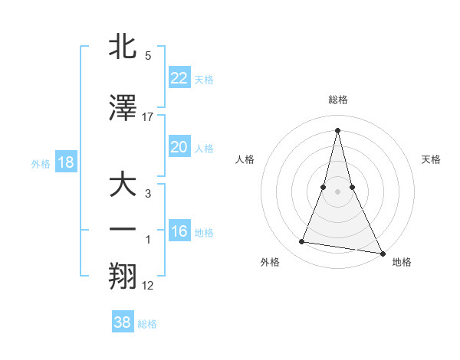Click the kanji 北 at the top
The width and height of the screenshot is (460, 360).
[x=123, y=47]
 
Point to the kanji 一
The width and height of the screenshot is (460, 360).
[x=123, y=231]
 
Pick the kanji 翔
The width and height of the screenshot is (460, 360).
[x=123, y=276]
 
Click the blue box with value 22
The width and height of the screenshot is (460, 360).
[x=179, y=78]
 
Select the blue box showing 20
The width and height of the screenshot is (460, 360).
[x=179, y=147]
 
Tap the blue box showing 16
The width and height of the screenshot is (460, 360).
[x=179, y=231]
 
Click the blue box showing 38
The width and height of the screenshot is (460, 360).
[x=122, y=322]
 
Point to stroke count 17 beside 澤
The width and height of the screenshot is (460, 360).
[x=148, y=116]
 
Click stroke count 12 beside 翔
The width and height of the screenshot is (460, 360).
[x=148, y=286]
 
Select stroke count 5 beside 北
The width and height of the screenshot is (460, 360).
[x=148, y=56]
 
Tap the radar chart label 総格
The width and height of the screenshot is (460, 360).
[x=337, y=100]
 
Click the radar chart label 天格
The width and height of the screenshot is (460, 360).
[x=432, y=159]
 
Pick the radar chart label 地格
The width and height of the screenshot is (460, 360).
[x=402, y=262]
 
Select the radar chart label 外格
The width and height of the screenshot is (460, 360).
[x=270, y=262]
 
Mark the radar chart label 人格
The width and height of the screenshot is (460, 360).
[x=245, y=159]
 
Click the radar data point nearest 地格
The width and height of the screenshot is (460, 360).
[x=382, y=253]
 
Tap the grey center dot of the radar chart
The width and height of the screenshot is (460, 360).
[x=337, y=191]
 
